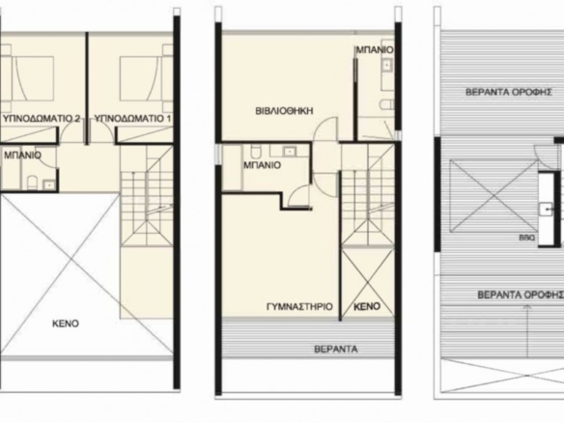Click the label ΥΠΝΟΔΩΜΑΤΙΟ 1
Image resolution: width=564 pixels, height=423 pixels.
132,119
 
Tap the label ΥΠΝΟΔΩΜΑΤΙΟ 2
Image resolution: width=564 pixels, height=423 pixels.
42,119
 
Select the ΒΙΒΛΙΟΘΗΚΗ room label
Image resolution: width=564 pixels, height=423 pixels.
284,111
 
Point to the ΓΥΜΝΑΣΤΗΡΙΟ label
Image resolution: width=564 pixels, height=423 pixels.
299,306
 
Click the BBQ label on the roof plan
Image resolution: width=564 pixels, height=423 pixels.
527,238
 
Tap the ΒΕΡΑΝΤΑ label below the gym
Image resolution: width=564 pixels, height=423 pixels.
336,349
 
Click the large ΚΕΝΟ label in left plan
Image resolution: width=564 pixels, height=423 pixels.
66,324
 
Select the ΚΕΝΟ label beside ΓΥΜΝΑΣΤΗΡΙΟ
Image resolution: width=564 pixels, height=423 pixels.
367,306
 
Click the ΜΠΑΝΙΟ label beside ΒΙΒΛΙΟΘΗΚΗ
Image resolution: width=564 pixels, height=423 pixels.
375,49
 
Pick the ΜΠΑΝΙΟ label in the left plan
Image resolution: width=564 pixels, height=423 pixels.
22,155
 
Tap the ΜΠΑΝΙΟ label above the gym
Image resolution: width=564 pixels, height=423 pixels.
263,165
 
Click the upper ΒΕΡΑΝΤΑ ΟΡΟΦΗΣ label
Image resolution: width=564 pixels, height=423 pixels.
509,92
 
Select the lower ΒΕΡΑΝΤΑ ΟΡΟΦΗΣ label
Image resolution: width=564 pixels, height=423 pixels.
521,295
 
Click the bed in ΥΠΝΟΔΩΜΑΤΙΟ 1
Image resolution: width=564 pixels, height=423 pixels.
138,78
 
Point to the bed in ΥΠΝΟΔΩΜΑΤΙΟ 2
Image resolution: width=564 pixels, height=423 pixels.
33,78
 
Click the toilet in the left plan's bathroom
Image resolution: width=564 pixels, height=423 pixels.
33,182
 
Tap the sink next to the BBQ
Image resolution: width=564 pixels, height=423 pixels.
546,209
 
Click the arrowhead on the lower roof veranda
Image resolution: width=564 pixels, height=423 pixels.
527,308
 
